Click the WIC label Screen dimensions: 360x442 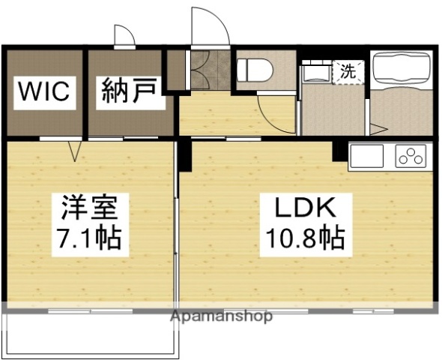click(x=44, y=92)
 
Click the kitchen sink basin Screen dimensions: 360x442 click(x=366, y=156)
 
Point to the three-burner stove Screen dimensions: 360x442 click(x=410, y=156)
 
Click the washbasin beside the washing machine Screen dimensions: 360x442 click(x=315, y=73)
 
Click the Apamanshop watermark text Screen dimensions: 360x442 click(x=222, y=316)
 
